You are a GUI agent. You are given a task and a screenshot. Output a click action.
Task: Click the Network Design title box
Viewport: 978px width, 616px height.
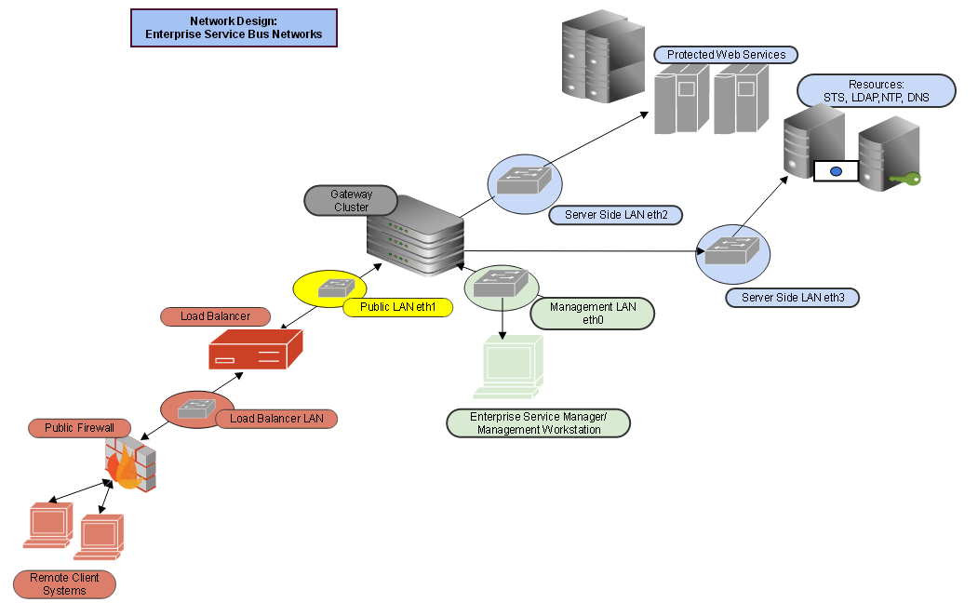pyautogui.click(x=234, y=28)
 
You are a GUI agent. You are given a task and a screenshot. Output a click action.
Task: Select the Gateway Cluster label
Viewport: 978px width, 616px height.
pyautogui.click(x=351, y=201)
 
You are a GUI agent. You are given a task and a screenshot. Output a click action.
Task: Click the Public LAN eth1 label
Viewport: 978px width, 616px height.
pyautogui.click(x=397, y=306)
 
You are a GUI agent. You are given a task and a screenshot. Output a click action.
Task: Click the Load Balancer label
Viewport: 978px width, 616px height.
pyautogui.click(x=215, y=316)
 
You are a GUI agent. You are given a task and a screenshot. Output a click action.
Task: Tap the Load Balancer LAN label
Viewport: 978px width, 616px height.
pyautogui.click(x=276, y=419)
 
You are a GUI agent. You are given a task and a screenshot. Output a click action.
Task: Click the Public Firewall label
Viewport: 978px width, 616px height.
pyautogui.click(x=79, y=428)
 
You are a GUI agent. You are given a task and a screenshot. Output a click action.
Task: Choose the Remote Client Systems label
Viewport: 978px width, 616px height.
pyautogui.click(x=64, y=584)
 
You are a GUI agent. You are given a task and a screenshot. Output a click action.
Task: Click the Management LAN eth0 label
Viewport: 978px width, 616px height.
pyautogui.click(x=593, y=314)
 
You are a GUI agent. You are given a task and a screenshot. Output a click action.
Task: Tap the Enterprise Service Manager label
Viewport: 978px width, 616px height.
pyautogui.click(x=538, y=423)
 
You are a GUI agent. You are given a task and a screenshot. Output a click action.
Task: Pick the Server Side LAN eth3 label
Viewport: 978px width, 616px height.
pyautogui.click(x=791, y=298)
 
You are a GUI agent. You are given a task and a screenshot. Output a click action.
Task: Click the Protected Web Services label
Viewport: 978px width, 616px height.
pyautogui.click(x=726, y=55)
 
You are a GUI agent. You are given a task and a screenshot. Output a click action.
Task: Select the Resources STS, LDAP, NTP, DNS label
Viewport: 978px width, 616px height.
pyautogui.click(x=876, y=91)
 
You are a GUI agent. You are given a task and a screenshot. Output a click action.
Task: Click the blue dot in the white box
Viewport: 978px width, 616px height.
pyautogui.click(x=836, y=171)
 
